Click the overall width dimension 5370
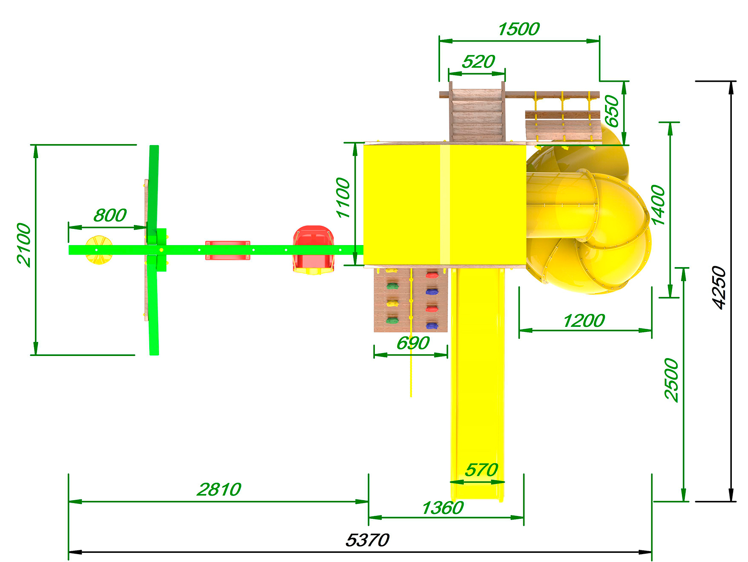pos(367,540)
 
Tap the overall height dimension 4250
pos(719,287)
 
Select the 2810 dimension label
pos(219,490)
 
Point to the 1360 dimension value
pos(443,508)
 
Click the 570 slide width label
pos(481,470)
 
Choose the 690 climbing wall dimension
pos(413,343)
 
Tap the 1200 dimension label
pos(584,321)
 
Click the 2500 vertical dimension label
pos(672,380)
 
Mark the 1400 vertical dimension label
pos(659,205)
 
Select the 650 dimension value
pos(612,111)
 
